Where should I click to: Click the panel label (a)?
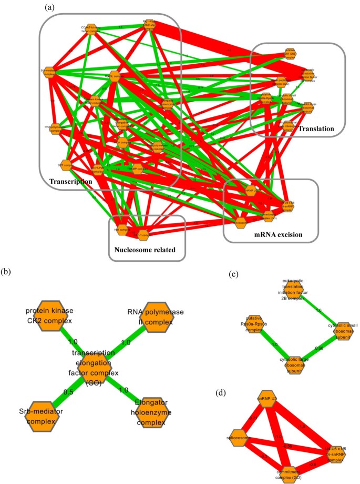tap(50, 7)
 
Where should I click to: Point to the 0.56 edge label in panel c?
tap(319, 348)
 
